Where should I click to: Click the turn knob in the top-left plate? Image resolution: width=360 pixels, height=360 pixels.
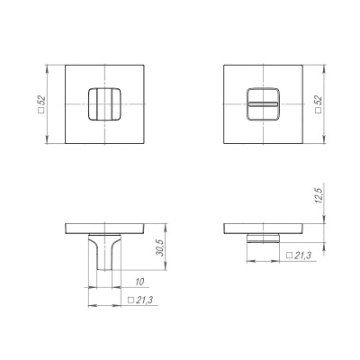coord(105,103)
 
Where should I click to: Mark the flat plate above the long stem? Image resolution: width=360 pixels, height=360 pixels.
coord(105,227)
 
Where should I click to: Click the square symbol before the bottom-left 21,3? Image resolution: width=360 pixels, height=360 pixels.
coord(130,301)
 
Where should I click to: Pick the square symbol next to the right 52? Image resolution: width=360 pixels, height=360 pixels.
coord(319,112)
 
